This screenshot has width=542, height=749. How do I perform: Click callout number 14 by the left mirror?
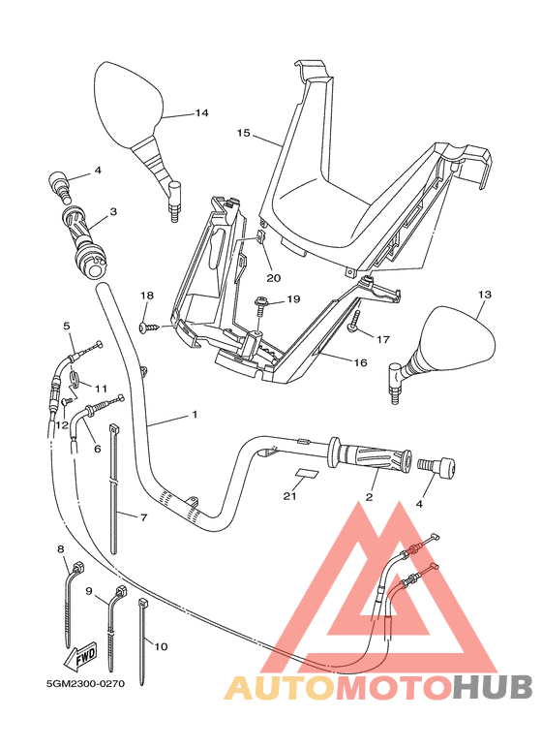point(201,113)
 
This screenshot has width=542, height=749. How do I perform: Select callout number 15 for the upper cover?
point(243,132)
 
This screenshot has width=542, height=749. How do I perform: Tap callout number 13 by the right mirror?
point(485,294)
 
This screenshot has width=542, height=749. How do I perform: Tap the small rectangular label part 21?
point(306,474)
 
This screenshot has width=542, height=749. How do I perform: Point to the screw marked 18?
point(145,328)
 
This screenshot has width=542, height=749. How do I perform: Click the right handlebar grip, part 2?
point(368,457)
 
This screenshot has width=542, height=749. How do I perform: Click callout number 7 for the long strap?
point(143,517)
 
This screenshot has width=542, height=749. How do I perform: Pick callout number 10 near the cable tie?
point(161,645)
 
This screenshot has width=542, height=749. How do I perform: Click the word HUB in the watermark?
point(493,687)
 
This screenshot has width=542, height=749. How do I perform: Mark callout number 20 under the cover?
point(273,278)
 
